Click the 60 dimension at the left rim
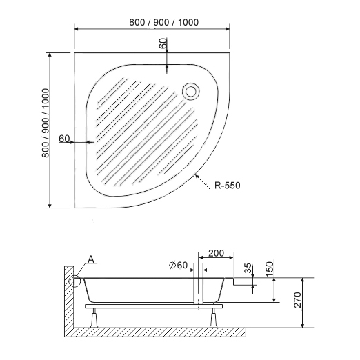click(x=64, y=139)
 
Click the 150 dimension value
click(x=270, y=266)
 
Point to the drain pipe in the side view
click(x=199, y=290)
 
